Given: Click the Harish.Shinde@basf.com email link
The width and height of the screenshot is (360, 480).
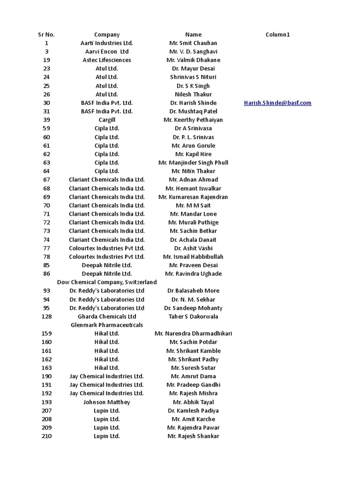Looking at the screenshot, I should tap(277, 103).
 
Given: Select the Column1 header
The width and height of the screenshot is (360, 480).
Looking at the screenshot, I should tap(277, 35).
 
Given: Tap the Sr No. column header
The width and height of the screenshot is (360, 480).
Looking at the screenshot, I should tap(46, 35).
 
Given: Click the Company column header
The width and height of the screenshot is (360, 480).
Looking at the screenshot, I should tap(107, 35).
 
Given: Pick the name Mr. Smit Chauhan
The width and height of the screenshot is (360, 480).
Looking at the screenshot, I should tap(193, 43).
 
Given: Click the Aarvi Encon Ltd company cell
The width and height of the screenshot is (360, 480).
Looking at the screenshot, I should tap(107, 52).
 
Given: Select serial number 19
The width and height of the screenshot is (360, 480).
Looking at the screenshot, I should tap(46, 60).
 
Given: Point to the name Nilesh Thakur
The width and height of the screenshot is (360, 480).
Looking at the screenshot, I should tap(193, 94).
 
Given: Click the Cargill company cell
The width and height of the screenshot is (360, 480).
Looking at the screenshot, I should tap(107, 120).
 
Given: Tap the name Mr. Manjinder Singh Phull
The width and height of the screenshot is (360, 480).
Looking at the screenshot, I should tap(193, 163).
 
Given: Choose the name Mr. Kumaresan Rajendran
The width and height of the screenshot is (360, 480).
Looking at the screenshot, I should tap(193, 197).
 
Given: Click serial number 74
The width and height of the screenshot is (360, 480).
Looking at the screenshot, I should tap(46, 240).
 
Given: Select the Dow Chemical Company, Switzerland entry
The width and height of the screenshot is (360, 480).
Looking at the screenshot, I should tap(107, 282).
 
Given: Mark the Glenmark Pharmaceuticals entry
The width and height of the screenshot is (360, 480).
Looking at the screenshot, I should tap(107, 325).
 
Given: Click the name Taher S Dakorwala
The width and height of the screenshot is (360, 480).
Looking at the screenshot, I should tap(193, 316).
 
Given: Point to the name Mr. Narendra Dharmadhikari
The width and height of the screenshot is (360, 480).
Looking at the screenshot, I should tap(193, 334).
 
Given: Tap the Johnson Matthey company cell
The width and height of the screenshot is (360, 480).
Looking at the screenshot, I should tap(107, 402).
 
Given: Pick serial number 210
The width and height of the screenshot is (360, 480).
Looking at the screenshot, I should tap(46, 436).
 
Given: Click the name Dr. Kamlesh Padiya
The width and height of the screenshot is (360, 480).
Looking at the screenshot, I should tap(193, 411).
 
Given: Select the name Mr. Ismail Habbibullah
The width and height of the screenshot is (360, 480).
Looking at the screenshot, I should tap(193, 257).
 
